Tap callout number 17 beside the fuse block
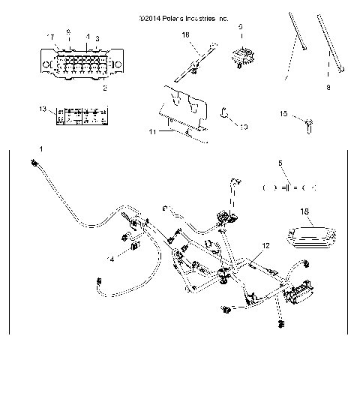(x=51, y=37)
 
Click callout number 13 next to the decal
(x=43, y=109)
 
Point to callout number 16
(x=186, y=34)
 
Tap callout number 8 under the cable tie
(x=328, y=87)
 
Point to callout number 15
(x=283, y=114)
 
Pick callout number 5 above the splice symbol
(x=280, y=163)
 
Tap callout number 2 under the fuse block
(x=104, y=88)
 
